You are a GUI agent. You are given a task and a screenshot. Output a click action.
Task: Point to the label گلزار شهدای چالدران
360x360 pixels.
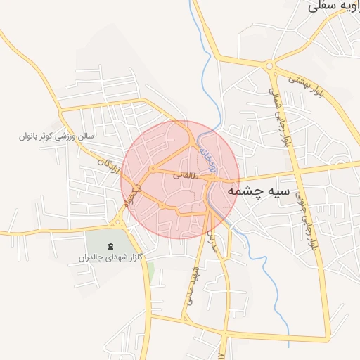tap(110, 257)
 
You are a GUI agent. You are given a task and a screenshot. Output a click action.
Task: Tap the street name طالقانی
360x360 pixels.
tap(184, 176)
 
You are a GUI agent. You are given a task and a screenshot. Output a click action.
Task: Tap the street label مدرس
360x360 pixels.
tap(212, 240)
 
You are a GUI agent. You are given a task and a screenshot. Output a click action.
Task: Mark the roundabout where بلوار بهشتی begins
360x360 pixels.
tap(271, 66)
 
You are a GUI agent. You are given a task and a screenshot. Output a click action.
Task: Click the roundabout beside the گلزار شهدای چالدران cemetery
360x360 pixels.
tap(117, 223)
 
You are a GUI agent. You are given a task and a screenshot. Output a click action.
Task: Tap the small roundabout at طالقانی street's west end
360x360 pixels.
tap(153, 169)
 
